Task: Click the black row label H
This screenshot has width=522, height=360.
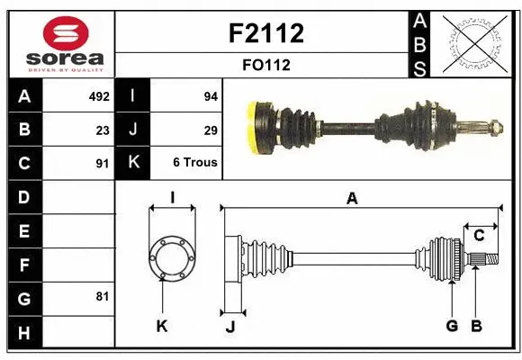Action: [23, 334]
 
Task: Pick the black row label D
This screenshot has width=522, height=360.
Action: [23, 196]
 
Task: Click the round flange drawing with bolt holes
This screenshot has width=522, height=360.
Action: [171, 256]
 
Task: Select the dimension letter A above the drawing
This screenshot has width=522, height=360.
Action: [352, 199]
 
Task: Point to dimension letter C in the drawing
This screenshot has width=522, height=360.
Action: [479, 236]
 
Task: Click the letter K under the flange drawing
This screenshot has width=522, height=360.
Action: [162, 326]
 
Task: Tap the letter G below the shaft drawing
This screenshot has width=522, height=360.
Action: [452, 325]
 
